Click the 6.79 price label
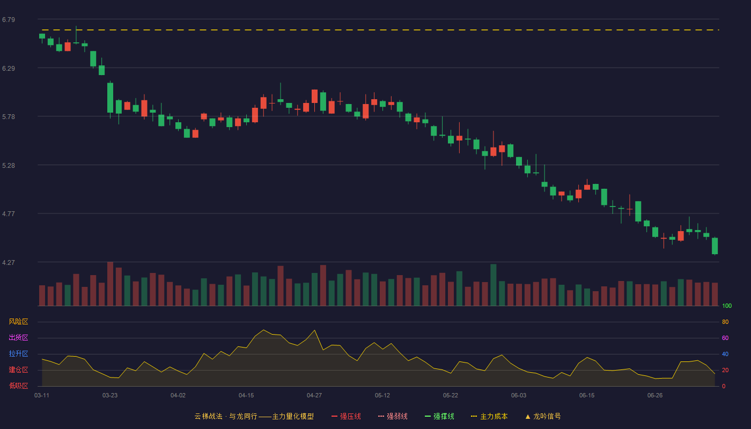coord(9,20)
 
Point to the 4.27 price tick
coord(9,262)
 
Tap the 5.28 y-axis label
coord(9,166)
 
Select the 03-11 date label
coord(42,396)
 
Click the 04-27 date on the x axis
coord(314,396)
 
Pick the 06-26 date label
coord(655,396)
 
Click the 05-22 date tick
coord(450,396)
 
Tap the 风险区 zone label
coord(18,322)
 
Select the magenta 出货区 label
coord(18,337)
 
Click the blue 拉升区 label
coord(18,353)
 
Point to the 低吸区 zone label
coord(18,386)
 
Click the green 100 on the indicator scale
coord(727,306)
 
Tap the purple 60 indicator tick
coord(725,338)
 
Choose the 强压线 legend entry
coord(346,416)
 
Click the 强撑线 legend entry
coord(439,416)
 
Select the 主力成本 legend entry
coord(489,416)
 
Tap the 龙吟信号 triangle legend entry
coord(543,416)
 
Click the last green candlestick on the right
coord(715,246)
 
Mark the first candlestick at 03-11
coord(42,36)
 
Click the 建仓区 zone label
coord(18,369)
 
